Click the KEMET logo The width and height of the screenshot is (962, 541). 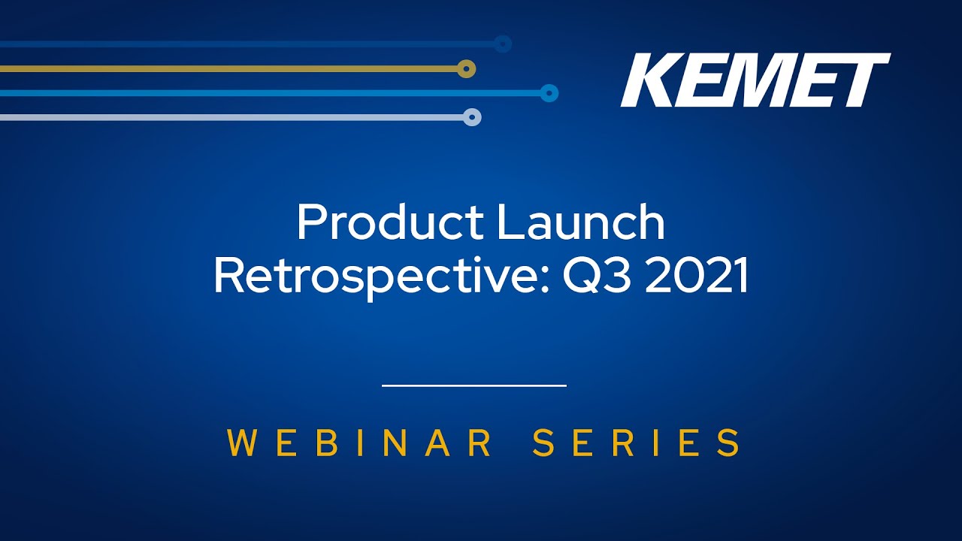point(755,80)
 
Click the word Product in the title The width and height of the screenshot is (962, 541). point(390,222)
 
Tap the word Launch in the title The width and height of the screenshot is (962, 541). point(581,222)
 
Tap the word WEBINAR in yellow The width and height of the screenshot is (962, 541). point(359,443)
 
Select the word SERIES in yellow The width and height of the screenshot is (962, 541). point(636,443)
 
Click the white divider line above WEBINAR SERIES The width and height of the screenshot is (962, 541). point(474,385)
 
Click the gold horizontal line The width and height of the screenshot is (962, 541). point(228,68)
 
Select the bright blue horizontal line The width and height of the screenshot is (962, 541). point(270,93)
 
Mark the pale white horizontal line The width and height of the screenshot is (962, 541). point(231,117)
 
